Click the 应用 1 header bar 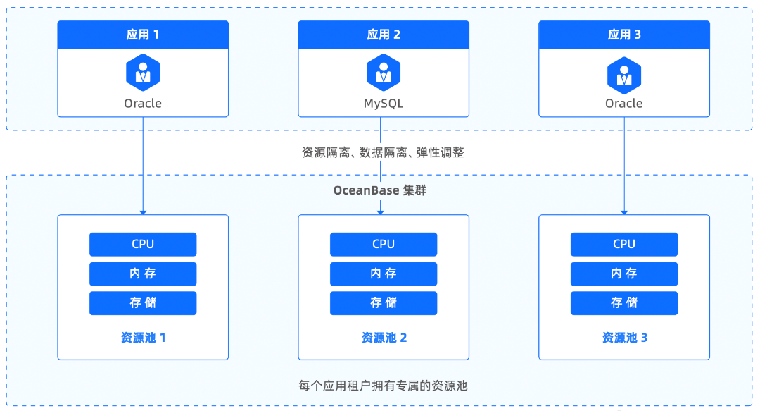pyautogui.click(x=143, y=35)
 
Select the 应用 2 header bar pyautogui.click(x=384, y=35)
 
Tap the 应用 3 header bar pyautogui.click(x=624, y=35)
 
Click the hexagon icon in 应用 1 pyautogui.click(x=143, y=72)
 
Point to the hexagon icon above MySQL pyautogui.click(x=384, y=72)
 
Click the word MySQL pyautogui.click(x=384, y=104)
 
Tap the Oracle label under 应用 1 pyautogui.click(x=143, y=104)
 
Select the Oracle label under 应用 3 pyautogui.click(x=624, y=104)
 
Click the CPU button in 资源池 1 pyautogui.click(x=143, y=245)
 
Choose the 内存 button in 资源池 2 pyautogui.click(x=384, y=274)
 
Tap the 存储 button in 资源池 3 pyautogui.click(x=624, y=303)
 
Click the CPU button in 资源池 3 pyautogui.click(x=624, y=245)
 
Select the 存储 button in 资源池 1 pyautogui.click(x=143, y=303)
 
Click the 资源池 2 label pyautogui.click(x=384, y=338)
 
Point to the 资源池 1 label pyautogui.click(x=143, y=338)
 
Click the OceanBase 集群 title pyautogui.click(x=380, y=190)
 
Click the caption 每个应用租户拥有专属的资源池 pyautogui.click(x=383, y=386)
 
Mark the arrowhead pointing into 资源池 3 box pyautogui.click(x=624, y=211)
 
